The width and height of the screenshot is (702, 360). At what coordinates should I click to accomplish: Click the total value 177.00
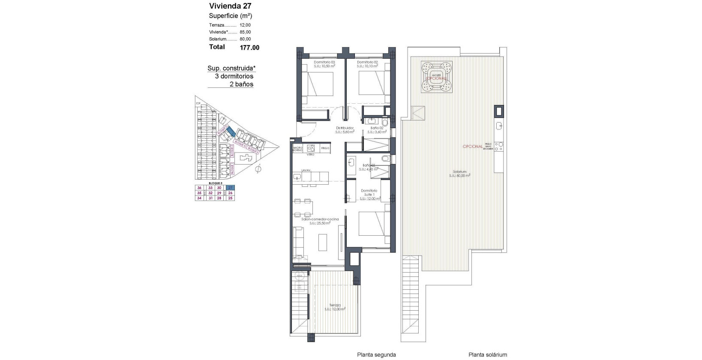point(249,48)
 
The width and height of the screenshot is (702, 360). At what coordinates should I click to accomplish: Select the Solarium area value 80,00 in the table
point(245,39)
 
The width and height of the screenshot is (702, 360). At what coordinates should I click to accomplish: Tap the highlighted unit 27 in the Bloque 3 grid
point(230,188)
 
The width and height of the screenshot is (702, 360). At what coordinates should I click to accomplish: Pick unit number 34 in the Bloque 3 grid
point(199,198)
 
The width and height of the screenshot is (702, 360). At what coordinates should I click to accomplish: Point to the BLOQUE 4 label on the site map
point(241,145)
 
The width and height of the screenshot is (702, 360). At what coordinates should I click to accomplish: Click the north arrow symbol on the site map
point(258,170)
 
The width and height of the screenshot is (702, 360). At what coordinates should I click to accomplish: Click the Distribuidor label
point(345,128)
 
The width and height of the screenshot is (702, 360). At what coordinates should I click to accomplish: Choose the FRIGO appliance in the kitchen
point(325,148)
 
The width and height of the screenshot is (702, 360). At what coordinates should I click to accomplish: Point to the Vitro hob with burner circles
point(312,148)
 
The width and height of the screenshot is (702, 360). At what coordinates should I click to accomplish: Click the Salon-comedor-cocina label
point(320,219)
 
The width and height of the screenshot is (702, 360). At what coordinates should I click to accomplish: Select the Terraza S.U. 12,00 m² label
point(335,307)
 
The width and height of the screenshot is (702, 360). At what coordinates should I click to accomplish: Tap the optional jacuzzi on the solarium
point(437,78)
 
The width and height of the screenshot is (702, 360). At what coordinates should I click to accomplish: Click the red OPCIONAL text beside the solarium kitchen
point(472,147)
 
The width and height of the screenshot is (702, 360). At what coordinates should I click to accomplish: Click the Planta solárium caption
point(488,354)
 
